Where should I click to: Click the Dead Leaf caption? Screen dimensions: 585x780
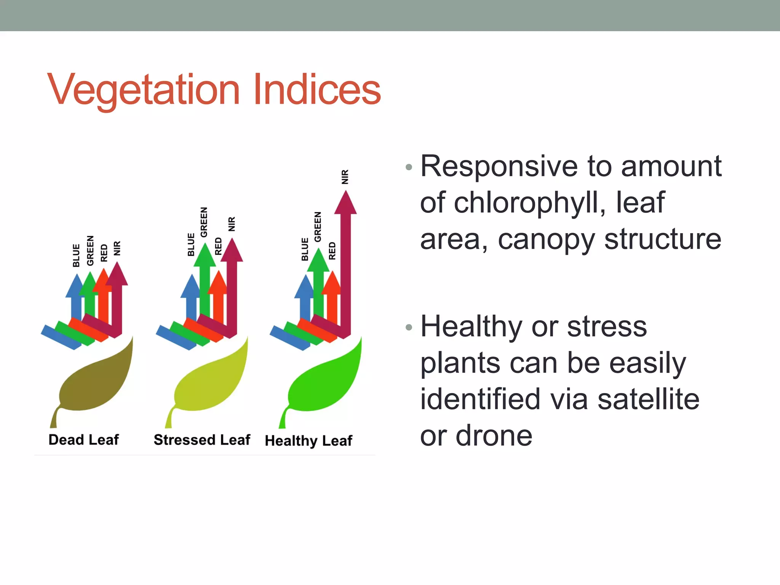tap(83, 440)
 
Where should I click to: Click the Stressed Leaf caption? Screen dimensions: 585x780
tap(202, 440)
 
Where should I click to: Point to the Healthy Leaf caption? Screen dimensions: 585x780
tap(308, 441)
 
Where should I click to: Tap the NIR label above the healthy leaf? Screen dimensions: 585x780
tap(345, 177)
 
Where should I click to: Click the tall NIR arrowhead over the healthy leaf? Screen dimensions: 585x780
tap(345, 204)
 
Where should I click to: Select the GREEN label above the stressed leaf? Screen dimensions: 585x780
tap(204, 222)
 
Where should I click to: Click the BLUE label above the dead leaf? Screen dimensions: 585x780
tap(76, 256)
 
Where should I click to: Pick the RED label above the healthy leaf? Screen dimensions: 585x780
tap(332, 251)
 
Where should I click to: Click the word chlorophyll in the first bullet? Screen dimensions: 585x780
tap(530, 203)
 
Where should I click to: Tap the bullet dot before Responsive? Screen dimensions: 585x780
tap(409, 167)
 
